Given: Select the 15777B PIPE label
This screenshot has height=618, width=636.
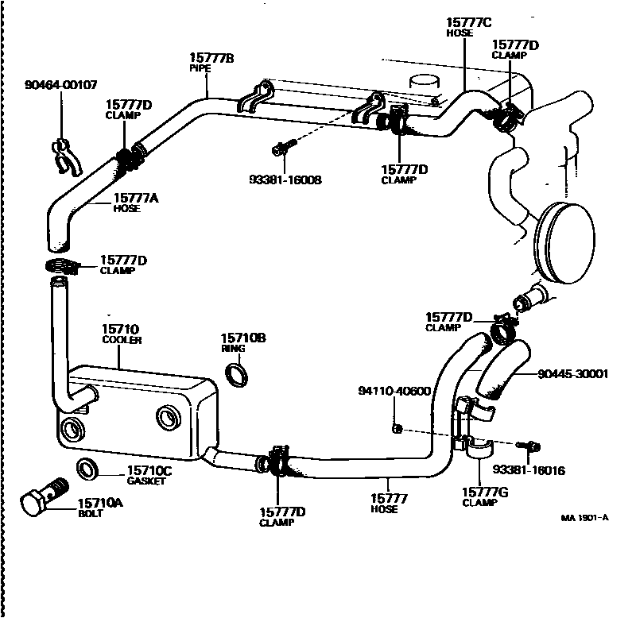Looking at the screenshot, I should pyautogui.click(x=211, y=62).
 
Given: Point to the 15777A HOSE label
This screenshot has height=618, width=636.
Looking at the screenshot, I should pyautogui.click(x=135, y=203).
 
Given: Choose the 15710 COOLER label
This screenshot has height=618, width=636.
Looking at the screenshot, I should pyautogui.click(x=121, y=334).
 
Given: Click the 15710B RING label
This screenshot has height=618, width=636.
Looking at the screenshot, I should pyautogui.click(x=242, y=342).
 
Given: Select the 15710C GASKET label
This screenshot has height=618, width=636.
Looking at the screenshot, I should pyautogui.click(x=149, y=476).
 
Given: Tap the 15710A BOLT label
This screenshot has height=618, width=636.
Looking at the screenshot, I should pyautogui.click(x=100, y=508).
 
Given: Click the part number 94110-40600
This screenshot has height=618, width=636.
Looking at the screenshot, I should pyautogui.click(x=394, y=392).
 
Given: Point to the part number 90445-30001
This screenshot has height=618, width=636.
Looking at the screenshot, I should pyautogui.click(x=572, y=374).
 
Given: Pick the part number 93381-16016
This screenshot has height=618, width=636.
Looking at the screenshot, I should pyautogui.click(x=528, y=470).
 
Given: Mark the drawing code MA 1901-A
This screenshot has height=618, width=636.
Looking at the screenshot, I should pyautogui.click(x=584, y=518).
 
